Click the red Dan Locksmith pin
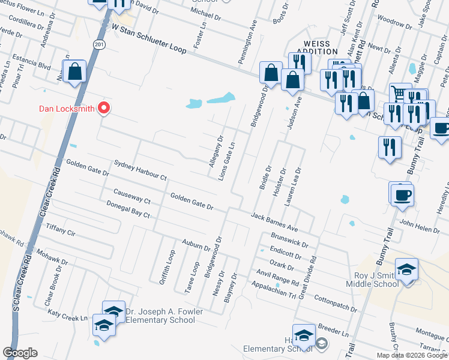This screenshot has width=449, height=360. pyautogui.click(x=104, y=107)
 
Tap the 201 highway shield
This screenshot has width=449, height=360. pyautogui.click(x=99, y=44)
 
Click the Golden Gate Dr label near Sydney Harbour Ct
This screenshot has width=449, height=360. pyautogui.click(x=88, y=167)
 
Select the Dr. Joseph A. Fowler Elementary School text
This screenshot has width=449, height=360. pyautogui.click(x=164, y=316)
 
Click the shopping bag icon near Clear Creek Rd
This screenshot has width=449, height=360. pyautogui.click(x=76, y=72)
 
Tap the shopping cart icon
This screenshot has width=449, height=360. pyautogui.click(x=399, y=93)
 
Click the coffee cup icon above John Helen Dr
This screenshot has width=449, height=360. pyautogui.click(x=402, y=194)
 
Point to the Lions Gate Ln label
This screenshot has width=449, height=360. pyautogui.click(x=227, y=161)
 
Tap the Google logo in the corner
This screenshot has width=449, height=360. pyautogui.click(x=20, y=353)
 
